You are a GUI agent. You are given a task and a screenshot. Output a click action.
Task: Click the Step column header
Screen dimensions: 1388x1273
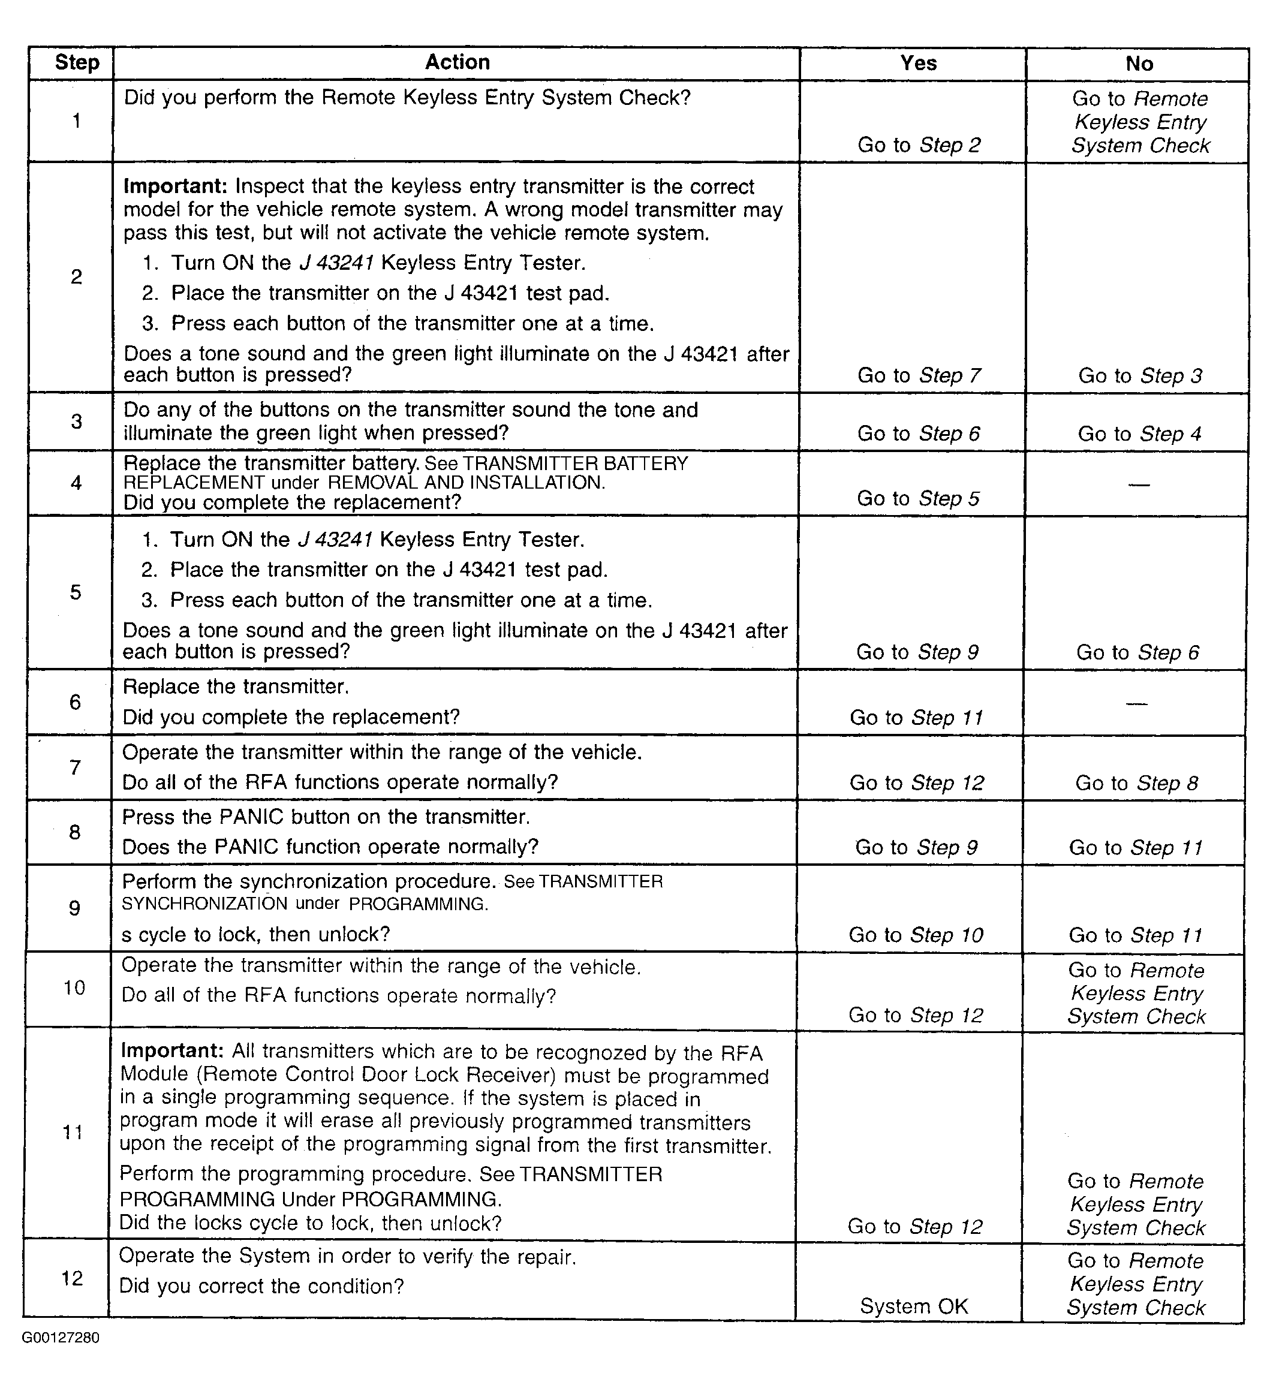point(77,63)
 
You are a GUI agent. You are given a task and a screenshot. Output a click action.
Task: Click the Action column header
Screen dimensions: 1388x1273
point(457,63)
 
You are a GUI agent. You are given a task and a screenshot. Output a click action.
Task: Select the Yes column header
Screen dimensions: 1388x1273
point(918,64)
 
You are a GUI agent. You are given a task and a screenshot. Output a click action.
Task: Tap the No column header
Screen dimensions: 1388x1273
point(1139,64)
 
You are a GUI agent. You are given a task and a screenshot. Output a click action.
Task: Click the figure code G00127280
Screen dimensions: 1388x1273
point(61,1338)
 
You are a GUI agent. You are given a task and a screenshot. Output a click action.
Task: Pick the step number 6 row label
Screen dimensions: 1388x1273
point(75,702)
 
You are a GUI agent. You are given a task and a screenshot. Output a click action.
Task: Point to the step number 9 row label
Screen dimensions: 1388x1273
point(74,908)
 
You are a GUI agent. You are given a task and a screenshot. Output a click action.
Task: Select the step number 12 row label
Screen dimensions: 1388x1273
point(73,1278)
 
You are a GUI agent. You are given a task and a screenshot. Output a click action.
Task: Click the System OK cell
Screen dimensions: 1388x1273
point(914,1306)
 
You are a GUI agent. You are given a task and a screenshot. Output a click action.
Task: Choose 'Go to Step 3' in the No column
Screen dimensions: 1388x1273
point(1140,375)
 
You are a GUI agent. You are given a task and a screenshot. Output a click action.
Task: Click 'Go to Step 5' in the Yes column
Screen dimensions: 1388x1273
point(917,498)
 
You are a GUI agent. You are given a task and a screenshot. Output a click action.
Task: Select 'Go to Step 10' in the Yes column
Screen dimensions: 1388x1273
point(916,935)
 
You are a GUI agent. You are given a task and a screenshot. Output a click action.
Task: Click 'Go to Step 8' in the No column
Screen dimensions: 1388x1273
point(1137,782)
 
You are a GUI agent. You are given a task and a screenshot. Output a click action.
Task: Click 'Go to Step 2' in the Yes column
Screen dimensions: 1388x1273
point(919,144)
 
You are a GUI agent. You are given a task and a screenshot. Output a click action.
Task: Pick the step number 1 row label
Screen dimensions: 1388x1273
point(77,121)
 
